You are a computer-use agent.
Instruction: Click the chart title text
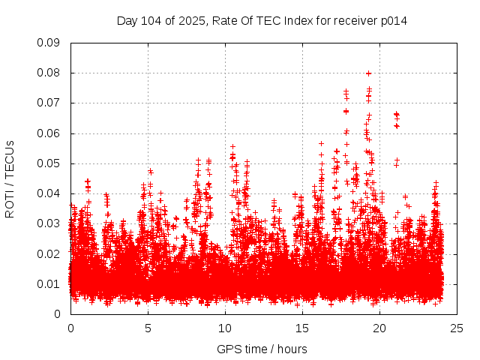[262, 20]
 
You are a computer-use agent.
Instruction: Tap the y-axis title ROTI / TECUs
[10, 178]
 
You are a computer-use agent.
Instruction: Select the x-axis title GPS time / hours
[262, 349]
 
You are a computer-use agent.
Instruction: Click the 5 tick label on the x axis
[148, 328]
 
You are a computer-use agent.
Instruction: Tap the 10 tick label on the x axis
[225, 328]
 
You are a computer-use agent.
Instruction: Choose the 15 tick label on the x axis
[302, 328]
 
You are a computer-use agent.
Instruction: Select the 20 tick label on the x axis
[379, 328]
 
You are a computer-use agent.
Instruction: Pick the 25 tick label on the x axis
[457, 328]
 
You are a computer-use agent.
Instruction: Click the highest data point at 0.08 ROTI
[368, 73]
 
